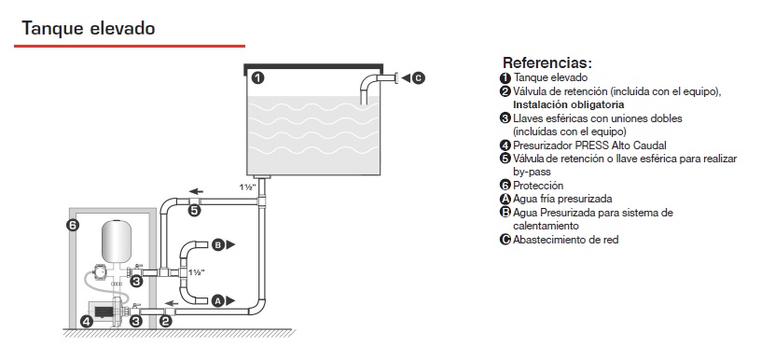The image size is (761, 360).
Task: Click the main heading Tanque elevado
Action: pos(88,28)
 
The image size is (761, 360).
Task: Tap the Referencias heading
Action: pos(547,62)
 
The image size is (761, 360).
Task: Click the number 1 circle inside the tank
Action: pos(258,77)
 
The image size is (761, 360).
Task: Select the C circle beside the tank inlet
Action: pos(419,77)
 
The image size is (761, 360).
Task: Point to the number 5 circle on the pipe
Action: pos(194,211)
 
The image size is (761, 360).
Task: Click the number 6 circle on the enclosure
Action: pos(73,225)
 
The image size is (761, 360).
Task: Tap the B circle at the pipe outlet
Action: pos(218,245)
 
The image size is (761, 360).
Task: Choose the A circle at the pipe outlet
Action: pos(218,301)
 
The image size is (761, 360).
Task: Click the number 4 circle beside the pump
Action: pos(87,321)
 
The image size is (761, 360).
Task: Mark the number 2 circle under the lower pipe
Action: pos(165,321)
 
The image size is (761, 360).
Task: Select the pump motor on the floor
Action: pos(102,311)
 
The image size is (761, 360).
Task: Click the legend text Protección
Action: pos(538,186)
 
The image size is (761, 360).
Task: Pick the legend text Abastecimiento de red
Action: pos(565,239)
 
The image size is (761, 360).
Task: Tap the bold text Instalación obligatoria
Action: pos(569,104)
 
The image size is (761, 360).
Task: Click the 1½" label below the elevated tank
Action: pos(247,187)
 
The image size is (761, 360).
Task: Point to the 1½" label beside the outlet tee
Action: pos(197,272)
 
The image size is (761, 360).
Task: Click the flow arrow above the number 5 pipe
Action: pos(196,191)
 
